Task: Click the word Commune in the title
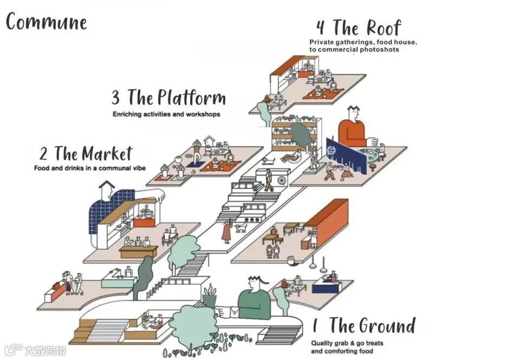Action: [x=47, y=22]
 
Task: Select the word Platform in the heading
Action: [x=191, y=98]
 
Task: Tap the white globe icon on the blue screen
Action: [x=333, y=147]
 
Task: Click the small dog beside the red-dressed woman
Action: [x=240, y=228]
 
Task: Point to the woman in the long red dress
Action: [x=226, y=232]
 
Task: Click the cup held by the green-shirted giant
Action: [x=220, y=311]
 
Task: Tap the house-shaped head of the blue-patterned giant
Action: [x=107, y=190]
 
